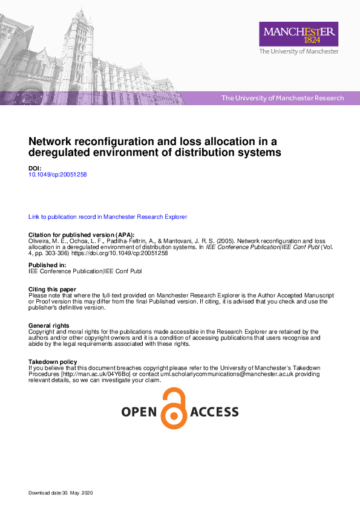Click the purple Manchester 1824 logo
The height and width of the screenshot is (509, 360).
pyautogui.click(x=298, y=34)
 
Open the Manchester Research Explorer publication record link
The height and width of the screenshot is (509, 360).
pyautogui.click(x=108, y=216)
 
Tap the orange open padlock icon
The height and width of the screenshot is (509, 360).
pyautogui.click(x=174, y=409)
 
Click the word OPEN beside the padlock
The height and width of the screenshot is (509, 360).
pyautogui.click(x=139, y=413)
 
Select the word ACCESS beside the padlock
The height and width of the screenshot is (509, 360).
pyautogui.click(x=214, y=413)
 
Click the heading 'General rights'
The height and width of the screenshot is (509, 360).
pyautogui.click(x=49, y=325)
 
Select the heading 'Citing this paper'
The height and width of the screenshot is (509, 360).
pyautogui.click(x=52, y=290)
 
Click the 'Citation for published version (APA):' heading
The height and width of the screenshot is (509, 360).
pyautogui.click(x=82, y=235)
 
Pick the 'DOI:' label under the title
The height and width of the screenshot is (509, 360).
pyautogui.click(x=35, y=167)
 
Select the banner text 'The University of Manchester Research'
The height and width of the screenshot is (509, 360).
pyautogui.click(x=283, y=98)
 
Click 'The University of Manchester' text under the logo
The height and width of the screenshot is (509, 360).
pyautogui.click(x=298, y=52)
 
